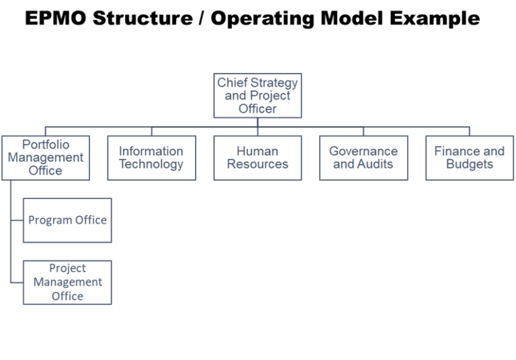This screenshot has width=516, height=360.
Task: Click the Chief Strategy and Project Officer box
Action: coord(258,95)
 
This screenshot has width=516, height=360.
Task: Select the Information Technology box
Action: coord(151,158)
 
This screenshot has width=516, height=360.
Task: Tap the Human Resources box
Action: coord(257,158)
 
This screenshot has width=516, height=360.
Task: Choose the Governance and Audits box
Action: coord(363,158)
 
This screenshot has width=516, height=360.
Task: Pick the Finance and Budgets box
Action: coord(469,158)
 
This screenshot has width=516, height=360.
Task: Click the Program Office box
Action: coord(67,220)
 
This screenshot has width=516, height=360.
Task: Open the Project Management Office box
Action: coord(67,282)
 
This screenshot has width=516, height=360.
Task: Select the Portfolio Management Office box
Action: coord(45,158)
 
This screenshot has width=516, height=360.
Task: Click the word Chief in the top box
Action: coord(232,83)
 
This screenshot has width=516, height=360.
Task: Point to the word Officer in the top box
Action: coord(257,108)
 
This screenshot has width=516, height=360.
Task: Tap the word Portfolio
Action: coord(46,144)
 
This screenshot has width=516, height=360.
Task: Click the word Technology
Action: coord(151,165)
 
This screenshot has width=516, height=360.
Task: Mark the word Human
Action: coord(257,151)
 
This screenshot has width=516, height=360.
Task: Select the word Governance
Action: coord(363,151)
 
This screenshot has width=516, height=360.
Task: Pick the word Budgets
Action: coord(469,165)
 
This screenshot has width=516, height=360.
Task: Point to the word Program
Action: coord(50,220)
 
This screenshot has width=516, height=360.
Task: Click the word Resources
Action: coord(257,165)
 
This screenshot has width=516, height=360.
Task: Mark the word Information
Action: coord(151,151)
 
